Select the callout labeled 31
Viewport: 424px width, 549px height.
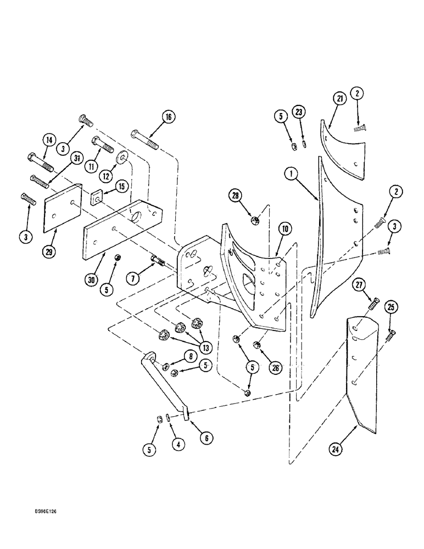[x=76, y=158]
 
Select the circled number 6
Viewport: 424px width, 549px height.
[x=207, y=438]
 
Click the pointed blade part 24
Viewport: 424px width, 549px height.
[x=359, y=373]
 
